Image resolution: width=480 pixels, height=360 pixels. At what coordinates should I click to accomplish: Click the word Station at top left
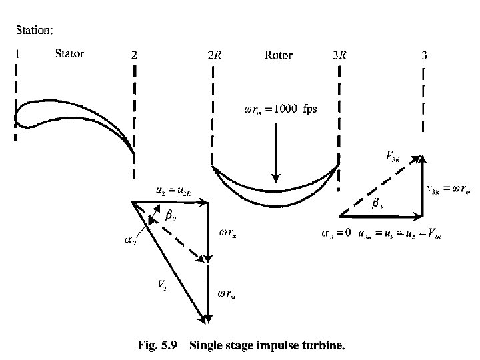(x=35, y=30)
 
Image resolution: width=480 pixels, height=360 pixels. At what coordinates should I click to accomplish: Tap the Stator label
(x=69, y=54)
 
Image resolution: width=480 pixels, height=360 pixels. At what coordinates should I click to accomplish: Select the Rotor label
(x=278, y=55)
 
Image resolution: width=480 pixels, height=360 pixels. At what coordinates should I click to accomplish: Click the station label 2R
(x=215, y=55)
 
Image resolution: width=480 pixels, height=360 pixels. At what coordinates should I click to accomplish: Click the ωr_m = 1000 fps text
(x=277, y=109)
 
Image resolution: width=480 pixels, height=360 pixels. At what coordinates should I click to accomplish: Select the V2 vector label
(x=162, y=285)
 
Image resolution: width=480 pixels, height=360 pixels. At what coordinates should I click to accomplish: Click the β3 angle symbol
(x=377, y=205)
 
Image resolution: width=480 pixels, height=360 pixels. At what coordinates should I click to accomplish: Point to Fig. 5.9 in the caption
(x=159, y=345)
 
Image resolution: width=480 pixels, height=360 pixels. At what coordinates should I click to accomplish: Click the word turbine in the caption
(x=325, y=345)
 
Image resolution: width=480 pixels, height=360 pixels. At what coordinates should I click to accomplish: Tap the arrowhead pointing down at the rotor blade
(x=275, y=178)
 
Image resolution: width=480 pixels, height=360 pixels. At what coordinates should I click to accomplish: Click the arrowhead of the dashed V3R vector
(x=419, y=158)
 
